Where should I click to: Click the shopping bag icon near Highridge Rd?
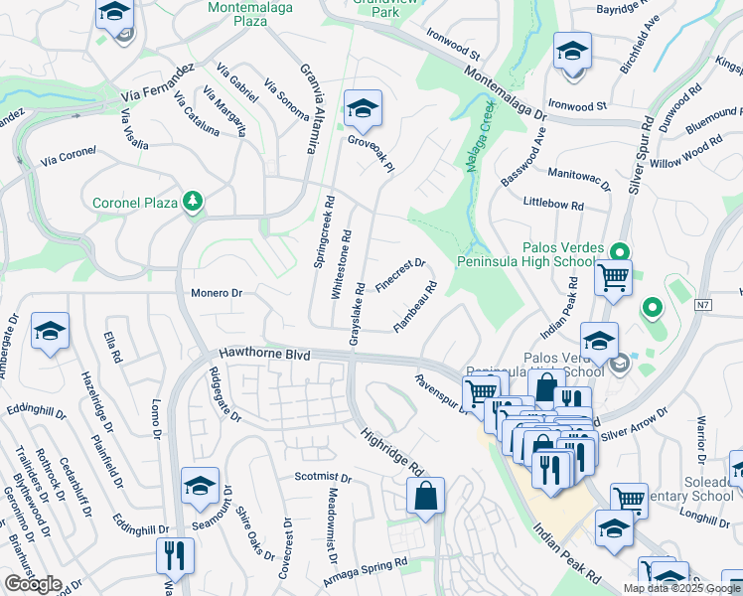tap(425, 498)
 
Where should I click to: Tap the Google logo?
tap(32, 584)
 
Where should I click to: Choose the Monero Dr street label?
tap(217, 293)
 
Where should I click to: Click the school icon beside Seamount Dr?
tap(200, 487)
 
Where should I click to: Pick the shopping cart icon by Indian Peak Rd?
tap(613, 277)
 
